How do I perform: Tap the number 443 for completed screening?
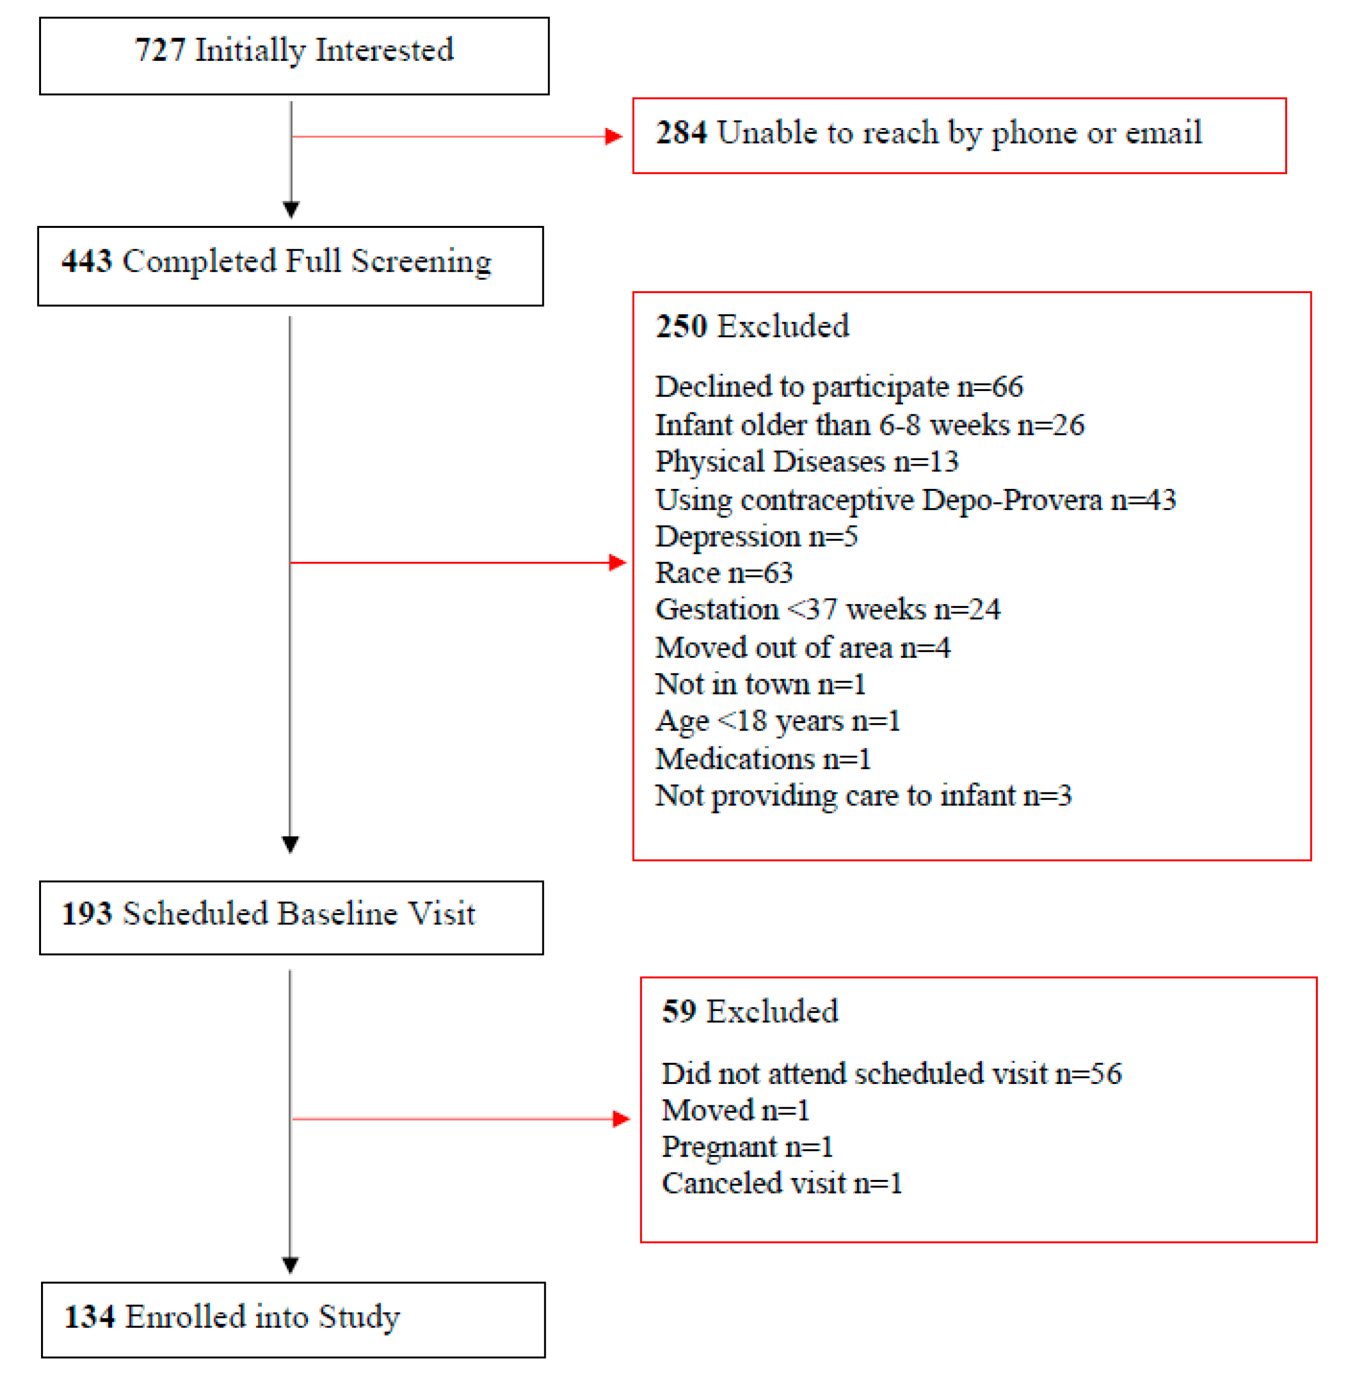pos(87,261)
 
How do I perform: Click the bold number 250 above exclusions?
pos(681,327)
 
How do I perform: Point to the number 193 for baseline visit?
pos(87,913)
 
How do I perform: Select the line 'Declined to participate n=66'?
pos(838,387)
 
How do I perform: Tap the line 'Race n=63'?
pos(723,573)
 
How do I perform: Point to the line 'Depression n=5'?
pos(756,537)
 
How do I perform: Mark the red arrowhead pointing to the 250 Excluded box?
pos(617,563)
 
